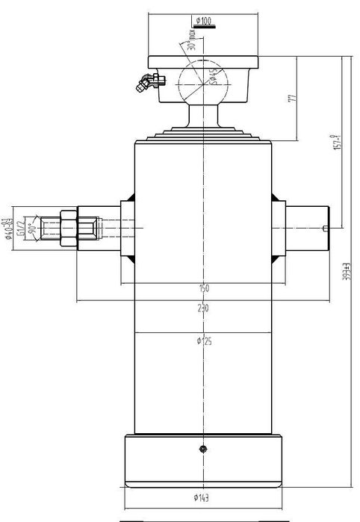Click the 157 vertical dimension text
pos(338,141)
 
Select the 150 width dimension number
pos(203,288)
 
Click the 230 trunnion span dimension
pos(202,307)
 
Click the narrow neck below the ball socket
pos(202,116)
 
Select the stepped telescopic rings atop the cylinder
pos(202,134)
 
